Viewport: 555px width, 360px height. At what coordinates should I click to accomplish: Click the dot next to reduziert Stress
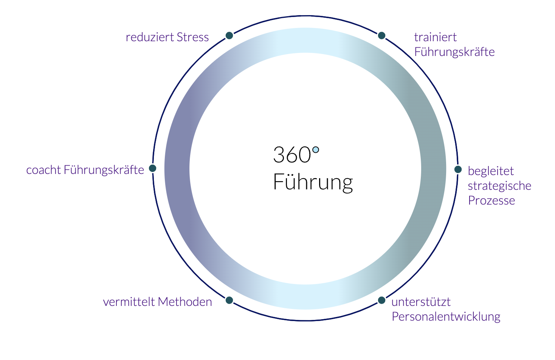229,36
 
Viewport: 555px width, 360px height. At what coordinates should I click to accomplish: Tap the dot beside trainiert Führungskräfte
381,36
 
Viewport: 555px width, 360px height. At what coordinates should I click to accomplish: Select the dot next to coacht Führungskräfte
153,168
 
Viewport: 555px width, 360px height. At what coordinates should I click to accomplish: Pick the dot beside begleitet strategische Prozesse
458,169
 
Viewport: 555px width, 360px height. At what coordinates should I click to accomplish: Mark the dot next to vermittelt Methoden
229,300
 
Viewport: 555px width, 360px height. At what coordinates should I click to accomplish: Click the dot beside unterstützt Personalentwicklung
381,300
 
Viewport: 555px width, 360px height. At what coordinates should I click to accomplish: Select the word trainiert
435,37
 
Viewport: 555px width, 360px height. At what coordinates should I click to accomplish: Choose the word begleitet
491,171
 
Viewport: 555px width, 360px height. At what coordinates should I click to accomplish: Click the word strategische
499,186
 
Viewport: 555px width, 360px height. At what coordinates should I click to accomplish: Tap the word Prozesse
491,200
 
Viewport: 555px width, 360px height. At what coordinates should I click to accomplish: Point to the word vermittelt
129,302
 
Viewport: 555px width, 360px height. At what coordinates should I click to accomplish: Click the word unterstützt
421,302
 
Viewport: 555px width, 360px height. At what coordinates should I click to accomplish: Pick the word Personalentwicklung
446,317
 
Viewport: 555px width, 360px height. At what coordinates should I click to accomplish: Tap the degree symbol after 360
316,150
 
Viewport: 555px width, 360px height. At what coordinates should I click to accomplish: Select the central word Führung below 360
313,182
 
